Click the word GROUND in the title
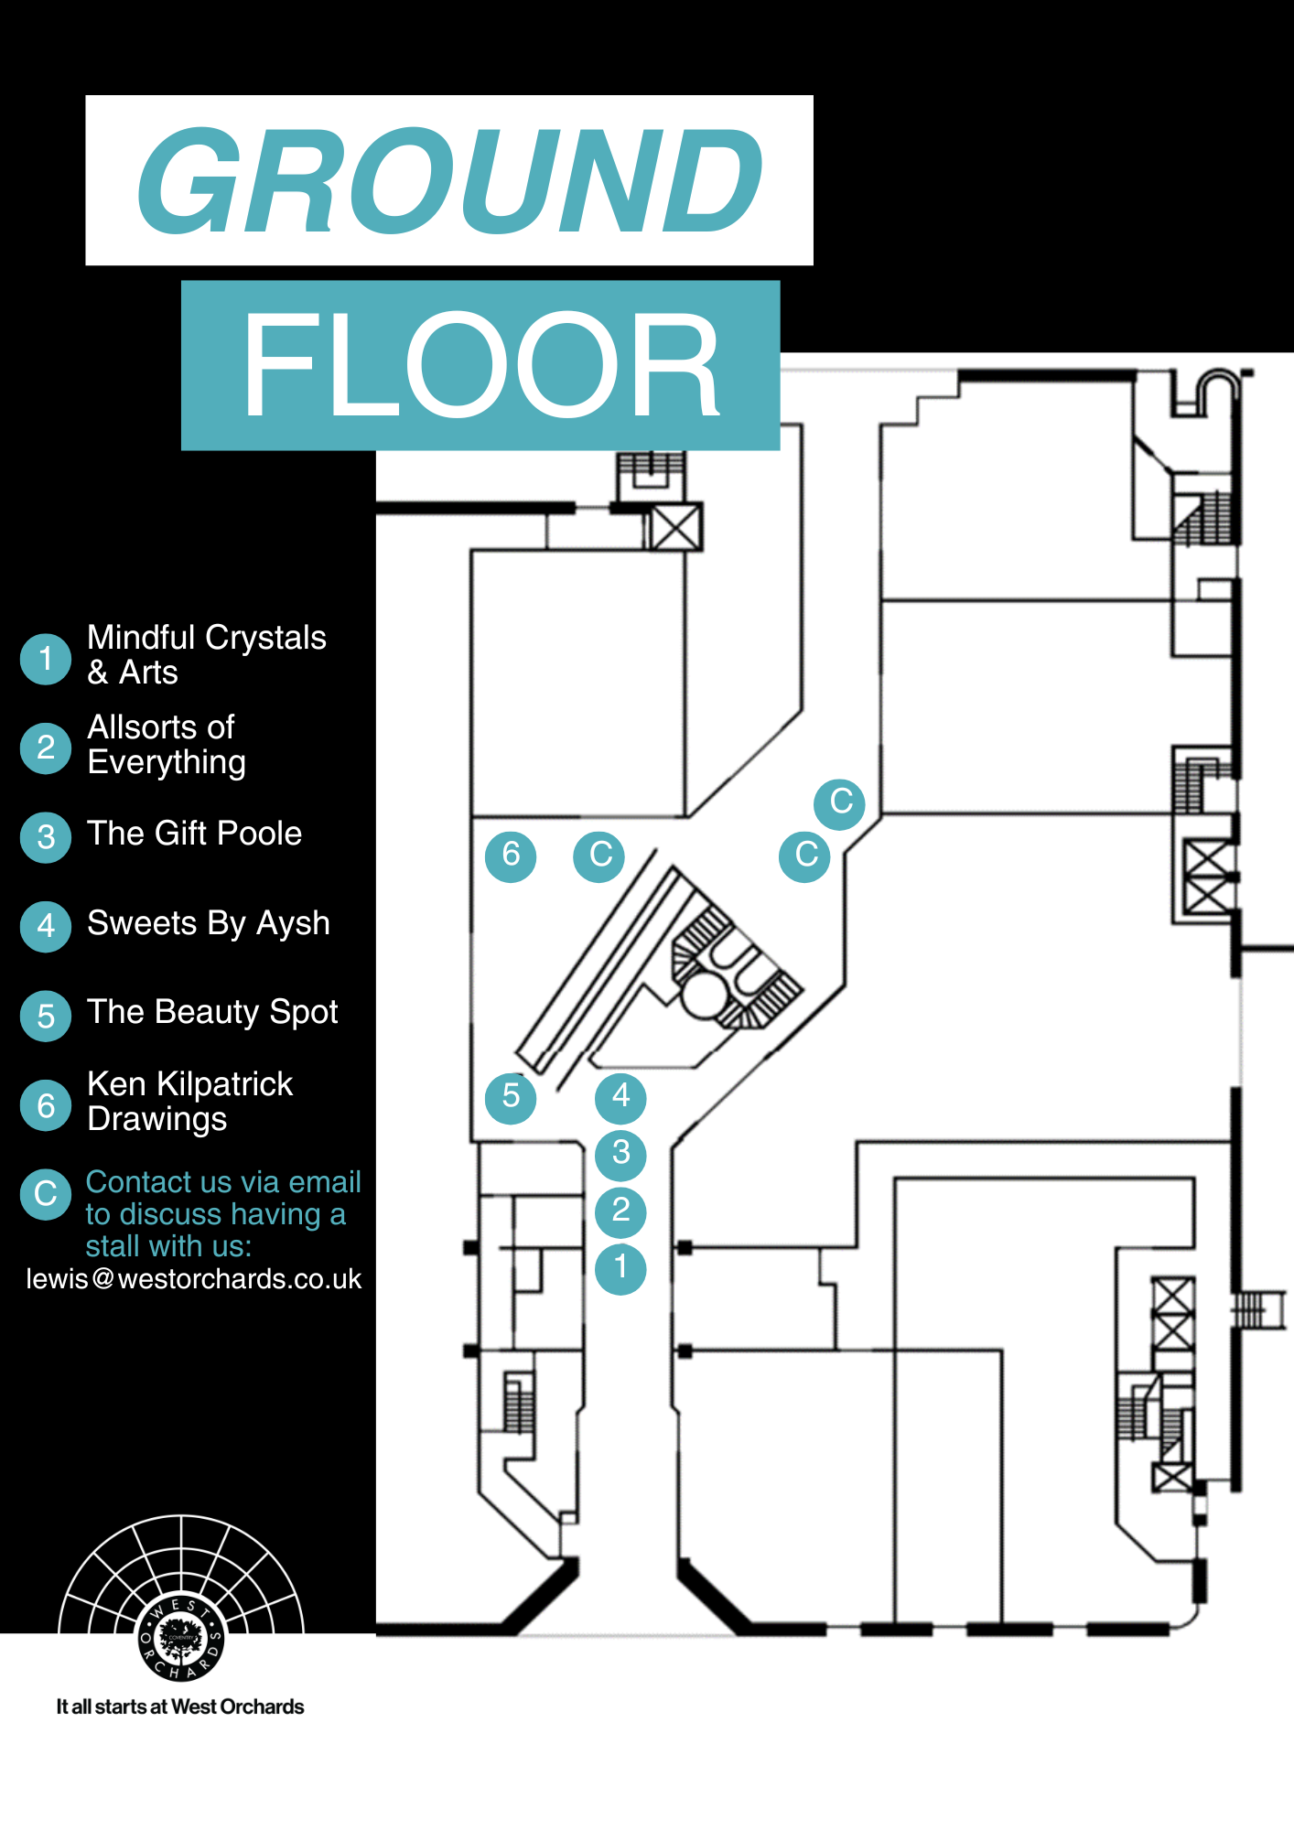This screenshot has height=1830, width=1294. click(x=449, y=180)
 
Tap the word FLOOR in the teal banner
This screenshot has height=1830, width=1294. click(x=480, y=365)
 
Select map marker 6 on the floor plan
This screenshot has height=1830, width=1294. click(x=511, y=856)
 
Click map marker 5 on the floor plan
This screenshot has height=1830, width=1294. click(x=511, y=1096)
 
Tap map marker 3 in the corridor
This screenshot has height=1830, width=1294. click(x=620, y=1154)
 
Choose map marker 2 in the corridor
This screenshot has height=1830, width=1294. click(x=620, y=1211)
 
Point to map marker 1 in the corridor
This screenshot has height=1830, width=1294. click(x=620, y=1268)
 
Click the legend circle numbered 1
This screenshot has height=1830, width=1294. click(x=46, y=659)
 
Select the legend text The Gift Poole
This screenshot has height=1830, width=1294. click(x=194, y=834)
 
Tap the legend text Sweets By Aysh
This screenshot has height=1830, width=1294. click(x=208, y=923)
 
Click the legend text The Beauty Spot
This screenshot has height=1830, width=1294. click(x=212, y=1012)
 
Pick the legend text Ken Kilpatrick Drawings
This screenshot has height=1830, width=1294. click(x=189, y=1102)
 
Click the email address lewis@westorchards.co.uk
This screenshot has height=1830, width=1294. click(x=194, y=1279)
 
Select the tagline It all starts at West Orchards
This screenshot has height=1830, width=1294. click(x=180, y=1706)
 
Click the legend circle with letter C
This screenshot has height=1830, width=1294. click(x=46, y=1194)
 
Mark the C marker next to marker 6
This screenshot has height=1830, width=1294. click(x=599, y=856)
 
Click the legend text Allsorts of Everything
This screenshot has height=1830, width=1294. click(x=167, y=745)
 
